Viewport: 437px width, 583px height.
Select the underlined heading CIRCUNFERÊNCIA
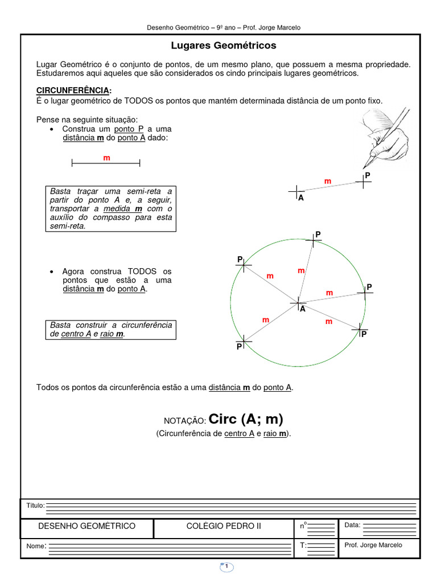tap(73, 91)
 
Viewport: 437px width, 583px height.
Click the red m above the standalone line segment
tap(106, 157)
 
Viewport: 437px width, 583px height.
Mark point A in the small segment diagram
tap(296, 192)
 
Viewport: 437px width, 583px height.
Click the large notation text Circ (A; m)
tap(246, 420)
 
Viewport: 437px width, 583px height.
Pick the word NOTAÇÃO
tap(184, 421)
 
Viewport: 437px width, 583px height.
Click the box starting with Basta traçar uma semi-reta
tap(110, 208)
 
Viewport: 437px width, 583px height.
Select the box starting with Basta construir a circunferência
tap(110, 330)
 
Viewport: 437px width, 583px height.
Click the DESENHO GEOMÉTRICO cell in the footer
tap(86, 526)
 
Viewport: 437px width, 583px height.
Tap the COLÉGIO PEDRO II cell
tap(224, 526)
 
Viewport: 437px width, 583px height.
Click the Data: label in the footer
tap(352, 524)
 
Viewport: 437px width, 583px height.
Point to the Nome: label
tap(35, 547)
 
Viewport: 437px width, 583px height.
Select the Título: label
tap(35, 506)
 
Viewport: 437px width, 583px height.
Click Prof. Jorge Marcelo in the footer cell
tap(373, 545)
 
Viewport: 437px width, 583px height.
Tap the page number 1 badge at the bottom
tap(226, 566)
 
